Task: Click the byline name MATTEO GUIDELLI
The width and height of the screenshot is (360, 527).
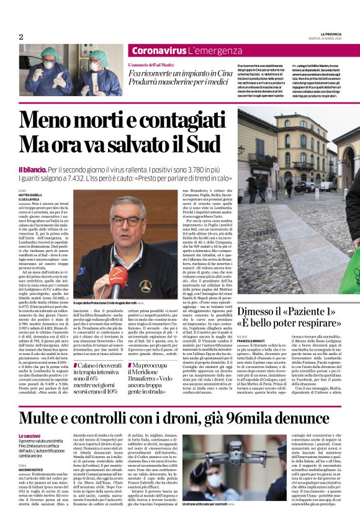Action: pyautogui.click(x=29, y=194)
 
